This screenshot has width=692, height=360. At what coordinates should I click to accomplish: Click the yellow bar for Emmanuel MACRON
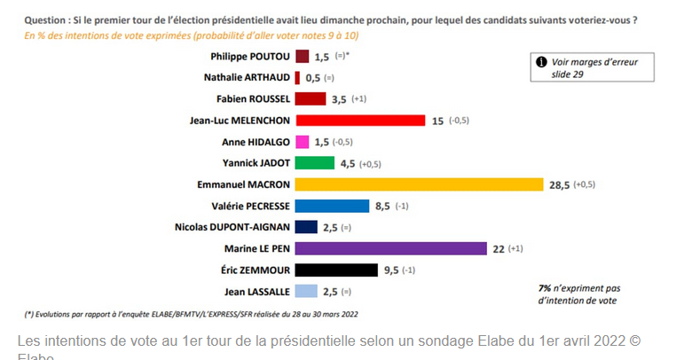418,184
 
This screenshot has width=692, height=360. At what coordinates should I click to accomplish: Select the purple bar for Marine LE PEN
390,248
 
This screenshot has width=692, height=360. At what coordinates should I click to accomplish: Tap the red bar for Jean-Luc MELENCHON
360,120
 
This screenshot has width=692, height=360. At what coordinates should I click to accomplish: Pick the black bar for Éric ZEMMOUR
334,270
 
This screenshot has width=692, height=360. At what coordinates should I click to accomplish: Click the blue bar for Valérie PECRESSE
331,206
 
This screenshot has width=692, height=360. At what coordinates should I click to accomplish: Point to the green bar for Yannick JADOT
314,163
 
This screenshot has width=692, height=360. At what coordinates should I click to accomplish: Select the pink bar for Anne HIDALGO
301,142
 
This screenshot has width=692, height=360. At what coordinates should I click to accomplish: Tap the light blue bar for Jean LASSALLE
304,291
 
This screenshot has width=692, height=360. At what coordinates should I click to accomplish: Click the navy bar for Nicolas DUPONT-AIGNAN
304,227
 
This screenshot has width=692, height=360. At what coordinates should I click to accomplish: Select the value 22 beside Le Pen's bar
498,248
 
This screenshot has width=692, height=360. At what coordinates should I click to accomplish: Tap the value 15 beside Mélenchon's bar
437,120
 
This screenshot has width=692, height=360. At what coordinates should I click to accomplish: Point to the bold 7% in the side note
544,288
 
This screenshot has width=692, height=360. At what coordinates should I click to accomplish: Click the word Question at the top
45,19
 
